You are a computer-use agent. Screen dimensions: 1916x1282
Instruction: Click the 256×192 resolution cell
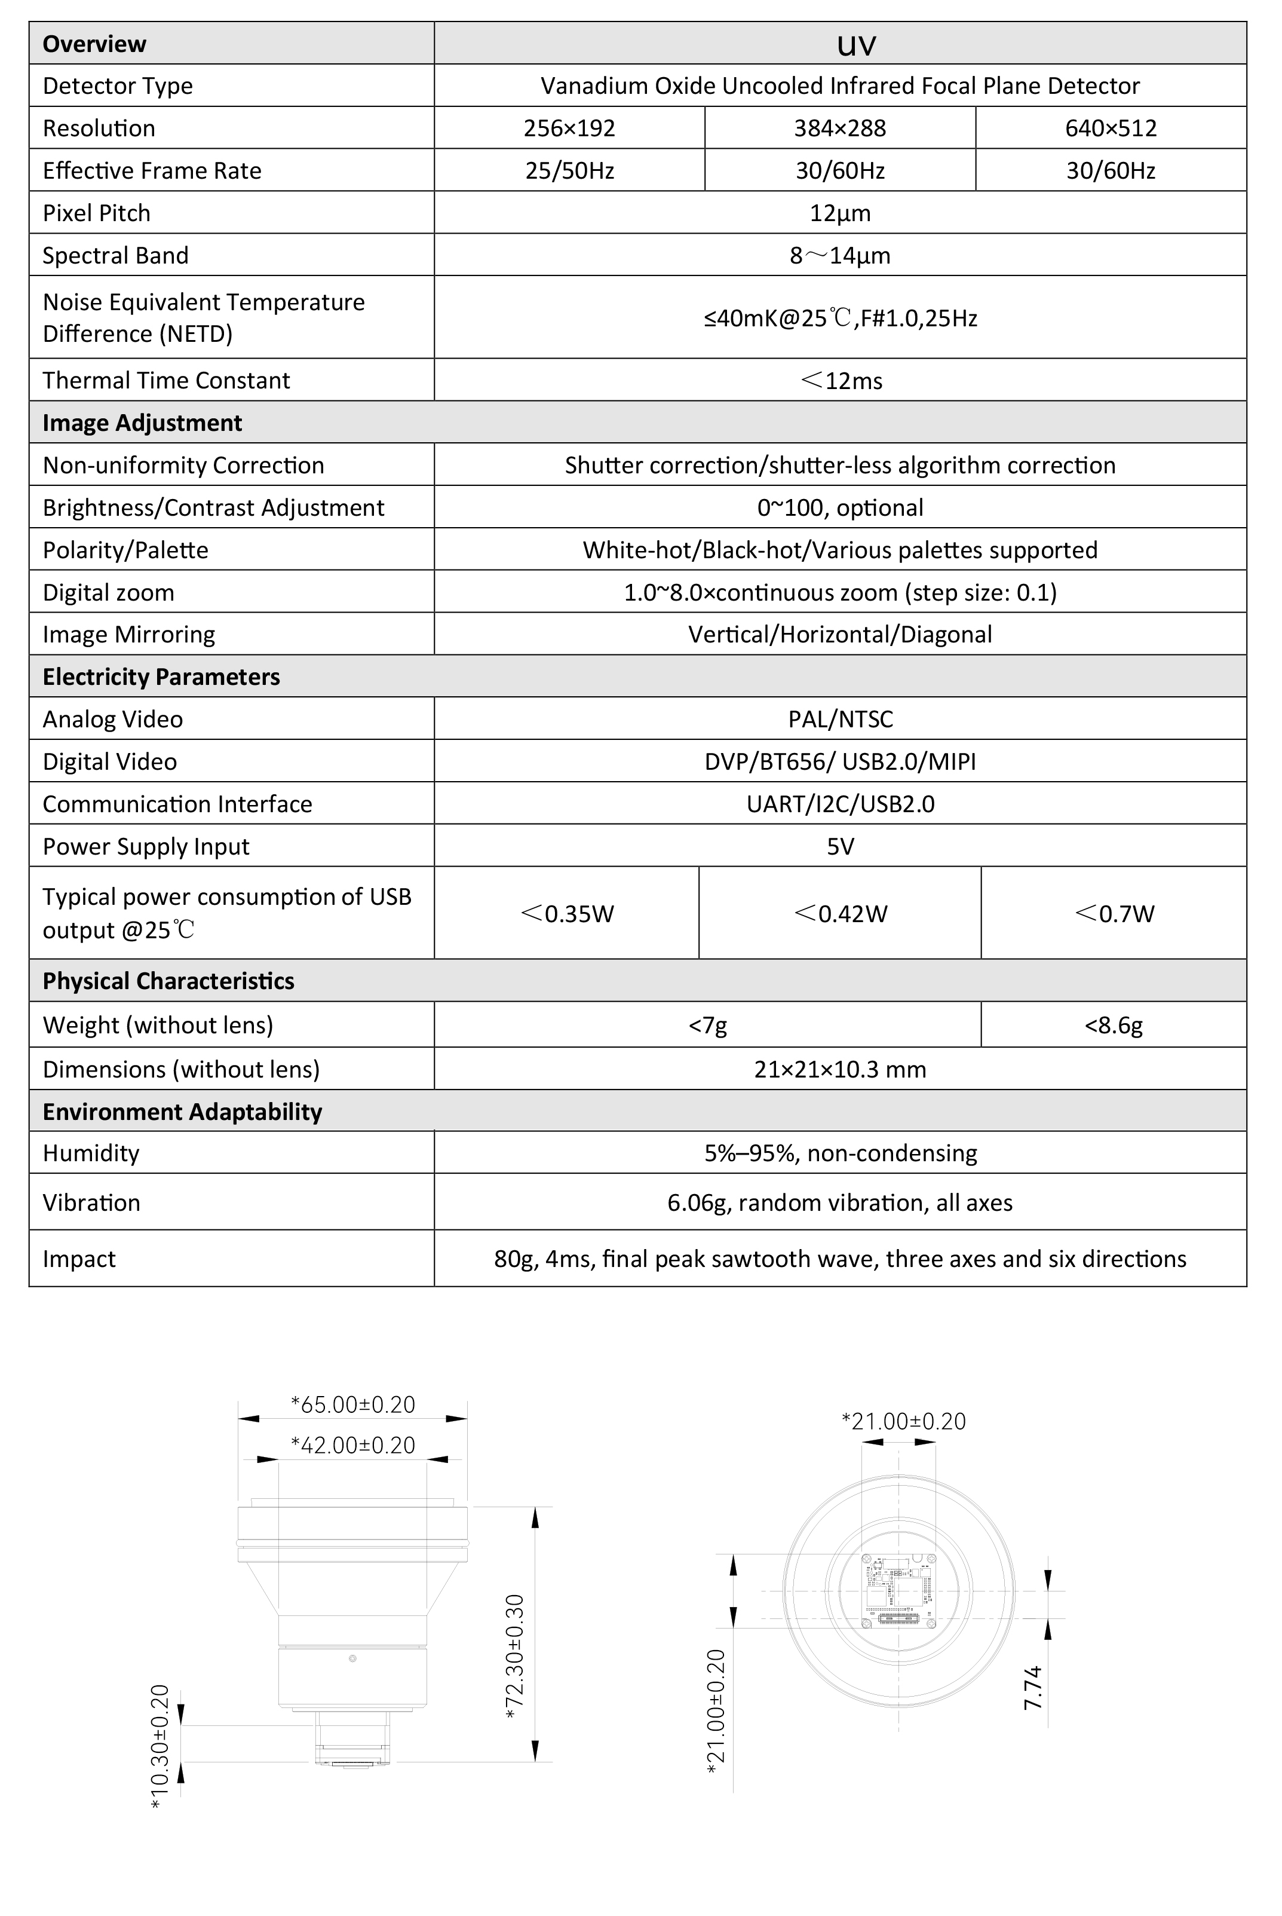click(x=569, y=128)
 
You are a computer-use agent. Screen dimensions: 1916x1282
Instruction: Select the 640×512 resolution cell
click(x=1111, y=128)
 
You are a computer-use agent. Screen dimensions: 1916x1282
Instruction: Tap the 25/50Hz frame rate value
click(x=569, y=171)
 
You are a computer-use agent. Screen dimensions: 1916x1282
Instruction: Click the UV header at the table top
click(x=856, y=45)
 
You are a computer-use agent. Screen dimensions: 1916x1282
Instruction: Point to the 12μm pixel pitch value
click(x=840, y=213)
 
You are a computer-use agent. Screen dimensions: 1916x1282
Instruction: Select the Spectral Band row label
click(x=115, y=256)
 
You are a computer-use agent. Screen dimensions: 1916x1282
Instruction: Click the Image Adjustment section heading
click(x=142, y=423)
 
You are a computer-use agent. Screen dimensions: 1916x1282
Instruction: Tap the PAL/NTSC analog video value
click(x=840, y=720)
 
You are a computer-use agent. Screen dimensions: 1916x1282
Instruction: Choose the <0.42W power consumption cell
click(x=840, y=913)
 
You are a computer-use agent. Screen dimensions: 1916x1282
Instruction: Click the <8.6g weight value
click(x=1113, y=1026)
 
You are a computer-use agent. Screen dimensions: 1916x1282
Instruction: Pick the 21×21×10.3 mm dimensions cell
click(x=840, y=1070)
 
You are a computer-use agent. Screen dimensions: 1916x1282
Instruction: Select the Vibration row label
click(x=91, y=1203)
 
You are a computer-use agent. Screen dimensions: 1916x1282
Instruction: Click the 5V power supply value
click(x=840, y=846)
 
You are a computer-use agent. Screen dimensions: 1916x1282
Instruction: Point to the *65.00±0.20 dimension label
click(x=352, y=1405)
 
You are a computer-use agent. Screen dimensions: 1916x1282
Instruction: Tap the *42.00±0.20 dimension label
click(x=352, y=1446)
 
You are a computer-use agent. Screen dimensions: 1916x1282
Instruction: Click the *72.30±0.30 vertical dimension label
click(x=515, y=1656)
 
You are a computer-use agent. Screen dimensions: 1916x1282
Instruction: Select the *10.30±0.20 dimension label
click(x=160, y=1746)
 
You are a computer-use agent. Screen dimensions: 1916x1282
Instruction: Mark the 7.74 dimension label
click(x=1033, y=1687)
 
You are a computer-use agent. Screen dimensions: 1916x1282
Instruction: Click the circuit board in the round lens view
click(x=898, y=1590)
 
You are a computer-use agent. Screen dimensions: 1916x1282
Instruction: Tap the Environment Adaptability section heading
click(x=182, y=1112)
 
